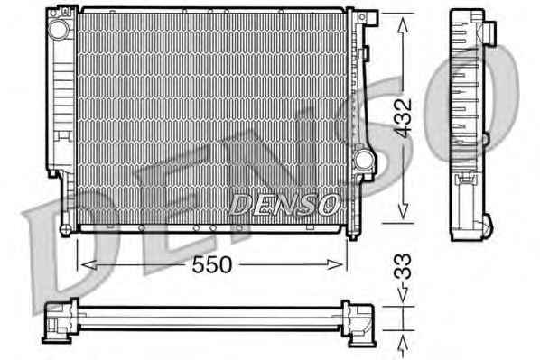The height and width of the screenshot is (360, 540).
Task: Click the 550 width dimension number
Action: click(x=212, y=264)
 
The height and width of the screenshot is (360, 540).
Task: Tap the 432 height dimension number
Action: click(x=403, y=117)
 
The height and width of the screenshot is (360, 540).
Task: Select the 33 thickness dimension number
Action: click(x=402, y=266)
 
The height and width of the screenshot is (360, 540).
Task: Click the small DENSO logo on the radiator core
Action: click(x=284, y=205)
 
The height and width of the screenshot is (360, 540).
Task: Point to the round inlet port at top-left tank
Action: click(x=58, y=29)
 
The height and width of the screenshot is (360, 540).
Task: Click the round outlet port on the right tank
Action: click(x=363, y=159)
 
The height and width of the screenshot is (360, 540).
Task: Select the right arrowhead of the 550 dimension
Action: click(x=335, y=264)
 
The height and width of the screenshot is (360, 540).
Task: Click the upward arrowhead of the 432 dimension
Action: click(x=403, y=25)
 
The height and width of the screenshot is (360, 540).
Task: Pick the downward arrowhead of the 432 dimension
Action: click(x=403, y=210)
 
